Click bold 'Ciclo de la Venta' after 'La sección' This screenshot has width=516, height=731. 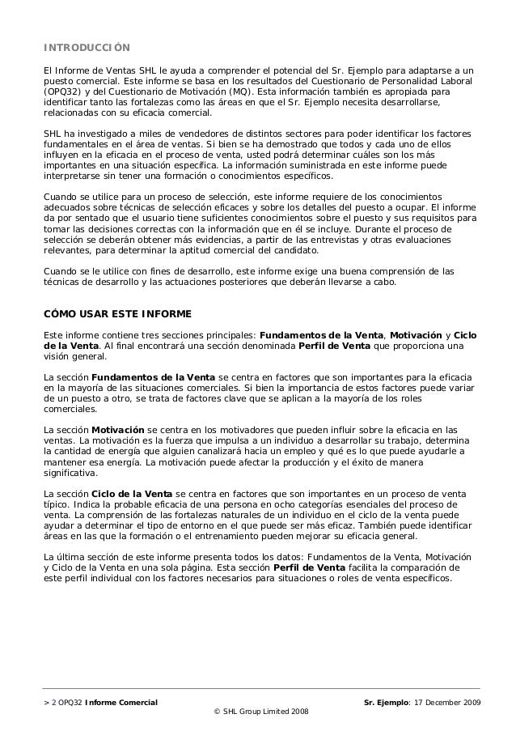pos(132,491)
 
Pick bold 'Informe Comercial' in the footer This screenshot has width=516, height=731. pos(121,699)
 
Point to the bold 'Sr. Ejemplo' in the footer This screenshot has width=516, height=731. pos(389,699)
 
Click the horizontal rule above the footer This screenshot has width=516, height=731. pos(257,688)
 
